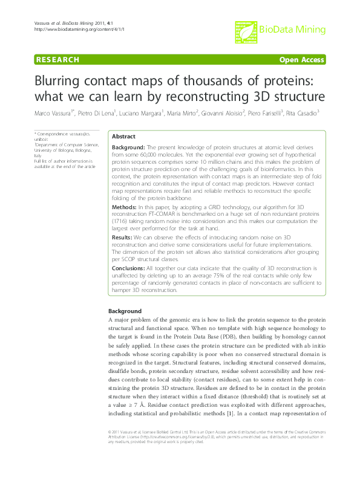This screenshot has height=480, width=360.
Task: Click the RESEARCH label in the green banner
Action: pyautogui.click(x=58, y=59)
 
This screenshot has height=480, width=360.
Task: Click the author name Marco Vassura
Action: pyautogui.click(x=53, y=113)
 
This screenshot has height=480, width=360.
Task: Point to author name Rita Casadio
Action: pyautogui.click(x=301, y=113)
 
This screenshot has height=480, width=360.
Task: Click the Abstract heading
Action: pyautogui.click(x=123, y=137)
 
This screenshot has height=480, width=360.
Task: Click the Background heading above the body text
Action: pyautogui.click(x=120, y=311)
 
